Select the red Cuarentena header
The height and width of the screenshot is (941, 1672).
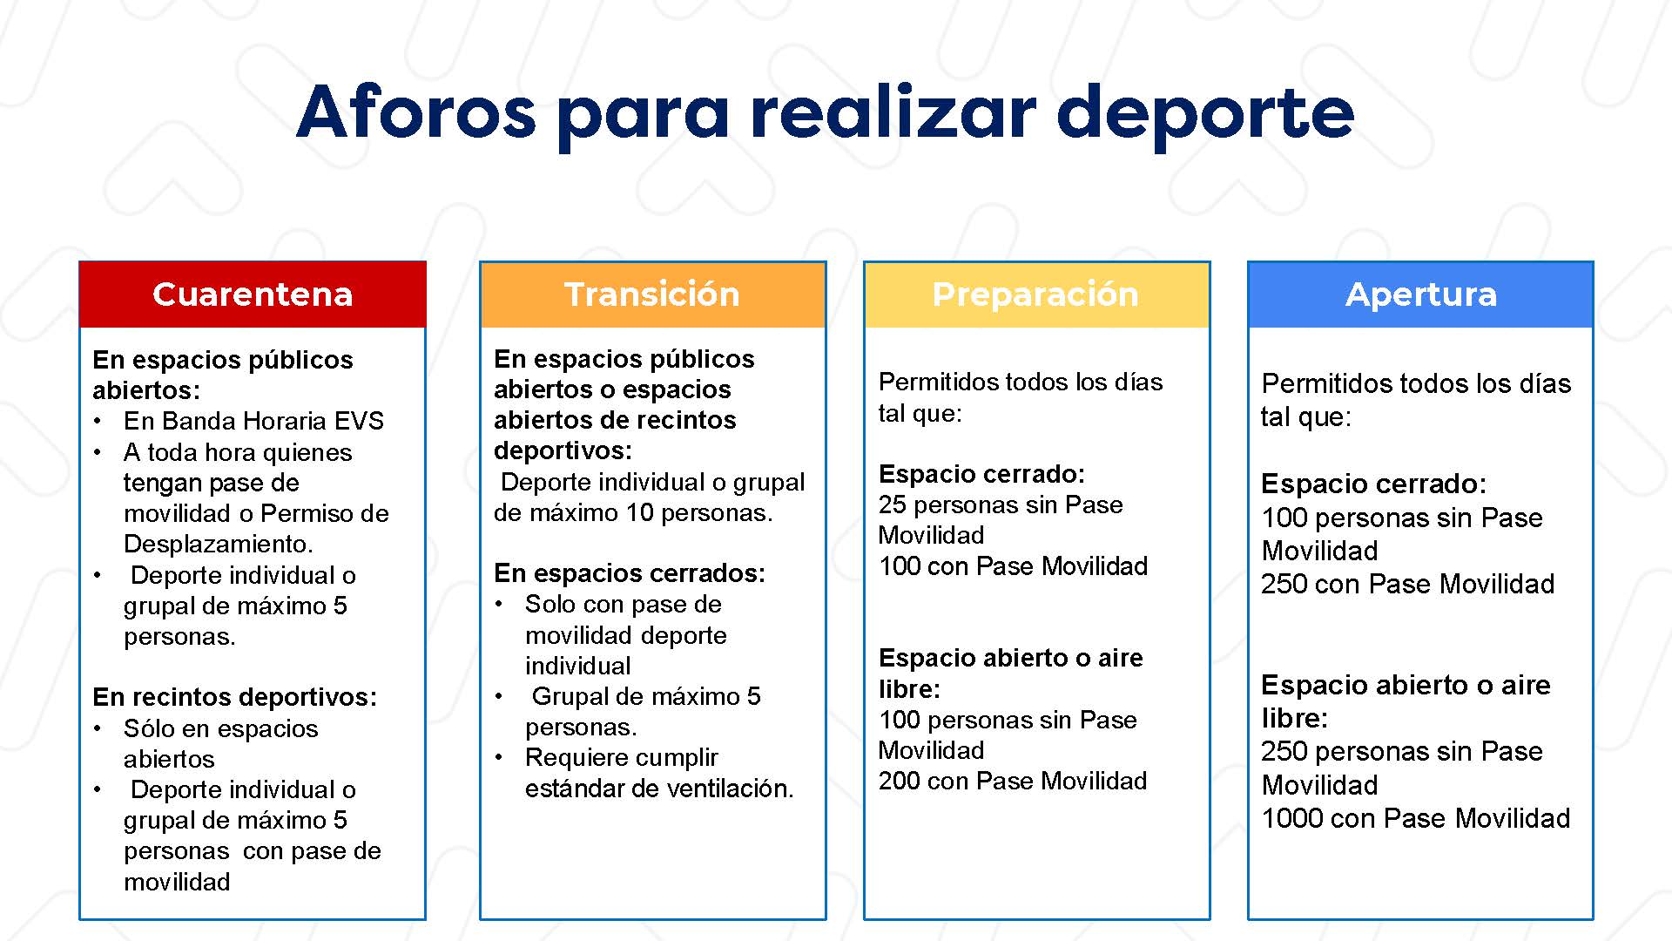(253, 294)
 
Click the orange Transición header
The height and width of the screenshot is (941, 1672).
(652, 294)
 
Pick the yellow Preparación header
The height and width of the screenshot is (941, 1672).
(1036, 294)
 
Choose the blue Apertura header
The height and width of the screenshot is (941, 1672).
(1420, 294)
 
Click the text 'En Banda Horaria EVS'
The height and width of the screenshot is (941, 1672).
(253, 421)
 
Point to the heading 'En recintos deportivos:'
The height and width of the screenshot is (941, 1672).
(234, 697)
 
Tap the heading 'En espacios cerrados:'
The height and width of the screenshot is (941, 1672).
(629, 573)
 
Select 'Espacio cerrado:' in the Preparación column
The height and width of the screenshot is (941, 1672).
(981, 474)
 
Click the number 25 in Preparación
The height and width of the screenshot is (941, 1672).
(893, 504)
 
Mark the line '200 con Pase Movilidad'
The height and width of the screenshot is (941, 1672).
(1012, 781)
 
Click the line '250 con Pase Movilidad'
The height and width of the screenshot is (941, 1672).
(1407, 584)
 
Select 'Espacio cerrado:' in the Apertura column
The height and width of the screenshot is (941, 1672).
(1373, 484)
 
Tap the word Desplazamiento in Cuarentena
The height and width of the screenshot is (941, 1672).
(218, 544)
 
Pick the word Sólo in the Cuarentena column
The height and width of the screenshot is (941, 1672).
(147, 728)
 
